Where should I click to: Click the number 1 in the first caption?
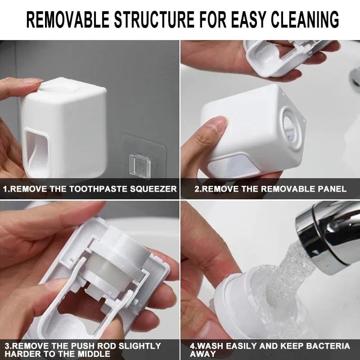[x=5, y=189]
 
